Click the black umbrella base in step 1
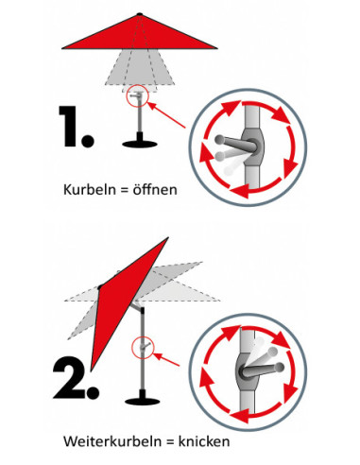pos(140,145)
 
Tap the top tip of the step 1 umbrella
pos(139,14)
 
